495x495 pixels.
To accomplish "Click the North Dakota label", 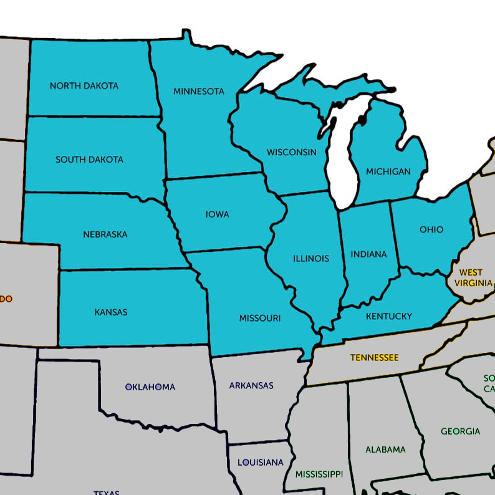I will pos(84,85).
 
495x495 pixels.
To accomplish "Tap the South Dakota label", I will pos(89,160).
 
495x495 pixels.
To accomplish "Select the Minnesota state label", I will pos(198,92).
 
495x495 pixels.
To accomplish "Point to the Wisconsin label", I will pos(291,152).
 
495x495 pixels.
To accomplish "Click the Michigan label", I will pos(388,171).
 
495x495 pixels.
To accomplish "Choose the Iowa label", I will pos(217,214).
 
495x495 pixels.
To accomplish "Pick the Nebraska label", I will pos(105,234).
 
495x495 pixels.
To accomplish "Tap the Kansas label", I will pos(111,312).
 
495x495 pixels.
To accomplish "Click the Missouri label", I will pos(259,318).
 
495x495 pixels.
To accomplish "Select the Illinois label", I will pos(310,258).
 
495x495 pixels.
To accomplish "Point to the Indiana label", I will pos(368,254).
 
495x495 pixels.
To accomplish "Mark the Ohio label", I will pos(431,229).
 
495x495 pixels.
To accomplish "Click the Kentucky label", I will pos(388,316).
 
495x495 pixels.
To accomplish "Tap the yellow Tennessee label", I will pos(373,358).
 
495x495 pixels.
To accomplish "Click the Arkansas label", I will pos(251,385).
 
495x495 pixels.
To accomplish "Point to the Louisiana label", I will pos(260,463).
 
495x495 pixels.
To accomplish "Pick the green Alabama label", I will pos(385,449).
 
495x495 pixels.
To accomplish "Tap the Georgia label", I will pos(460,431).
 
